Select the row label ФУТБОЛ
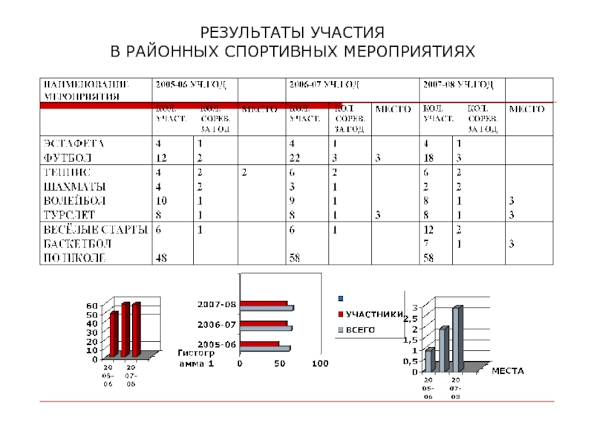tap(68, 158)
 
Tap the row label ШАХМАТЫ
tap(74, 187)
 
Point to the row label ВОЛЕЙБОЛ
tap(74, 201)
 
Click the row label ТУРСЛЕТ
tap(70, 215)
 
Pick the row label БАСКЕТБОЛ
tap(76, 244)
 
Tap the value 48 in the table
tap(161, 258)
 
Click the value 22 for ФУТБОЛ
tap(296, 158)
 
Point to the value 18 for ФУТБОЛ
tap(429, 158)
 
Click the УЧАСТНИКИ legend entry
tap(375, 315)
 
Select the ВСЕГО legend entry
tap(359, 329)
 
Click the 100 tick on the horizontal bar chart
tap(319, 363)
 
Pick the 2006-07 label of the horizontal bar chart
tap(217, 325)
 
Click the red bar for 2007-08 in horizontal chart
tap(264, 303)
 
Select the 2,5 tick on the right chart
tap(411, 319)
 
